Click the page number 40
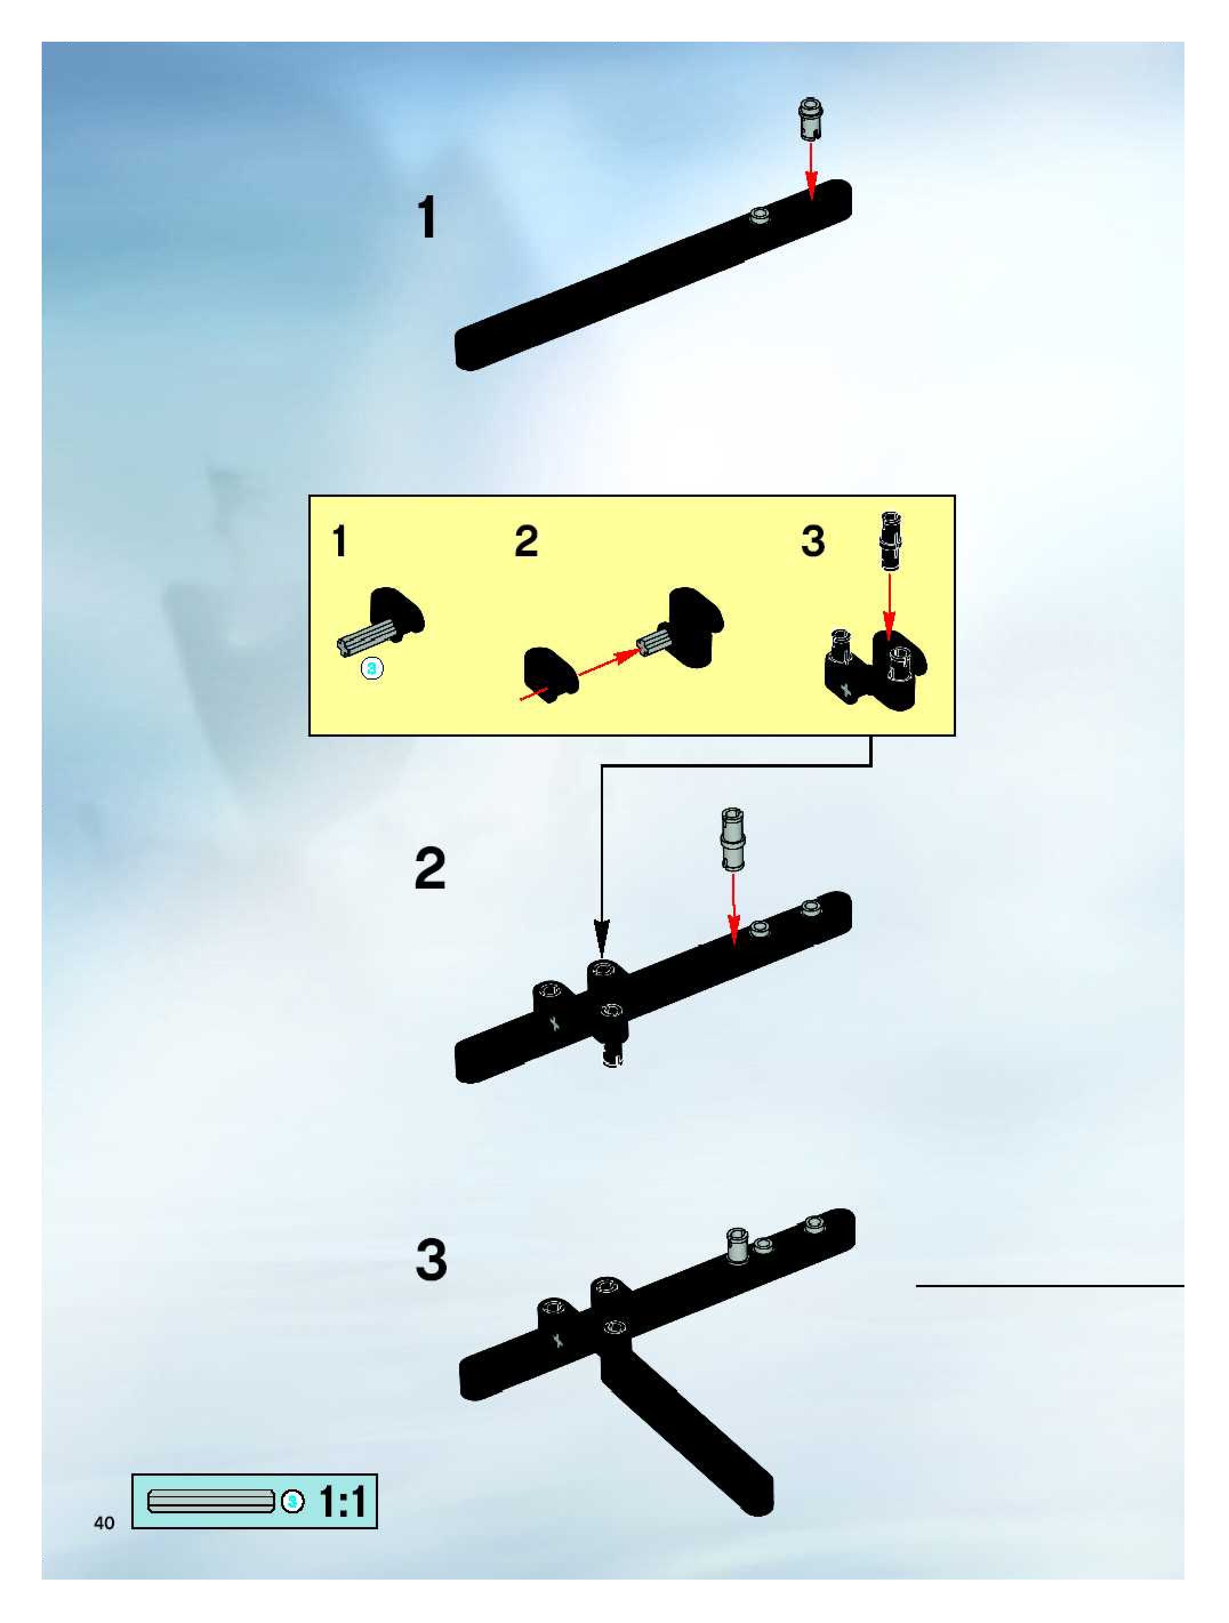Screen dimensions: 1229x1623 coord(104,1523)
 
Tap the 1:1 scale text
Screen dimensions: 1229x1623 coord(343,1502)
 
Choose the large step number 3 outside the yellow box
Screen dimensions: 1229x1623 coord(431,1260)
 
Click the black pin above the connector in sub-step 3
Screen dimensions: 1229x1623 coord(890,541)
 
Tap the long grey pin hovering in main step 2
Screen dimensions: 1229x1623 coord(733,839)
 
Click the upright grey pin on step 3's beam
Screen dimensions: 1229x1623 coord(736,1245)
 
